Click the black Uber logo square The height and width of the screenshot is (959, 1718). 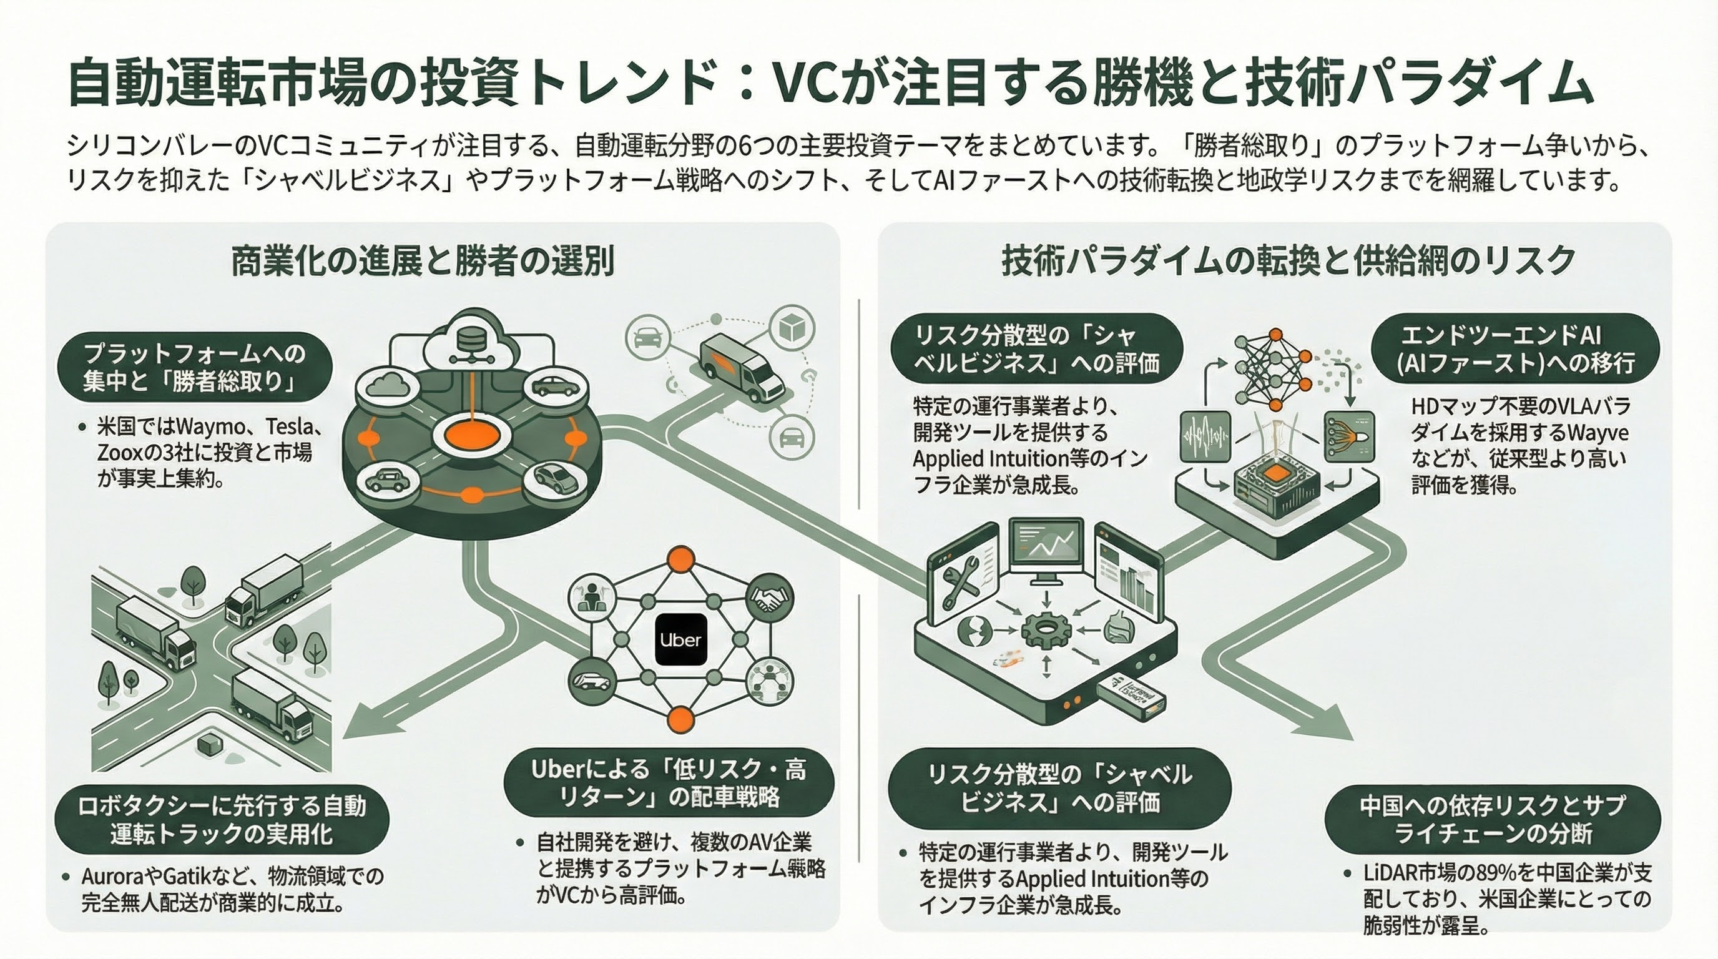(680, 639)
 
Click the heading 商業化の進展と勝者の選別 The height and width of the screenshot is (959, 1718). (422, 261)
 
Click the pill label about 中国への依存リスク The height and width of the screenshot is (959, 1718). (1492, 819)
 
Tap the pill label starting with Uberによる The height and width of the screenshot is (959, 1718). (668, 783)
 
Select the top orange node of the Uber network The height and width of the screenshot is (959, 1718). (681, 558)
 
